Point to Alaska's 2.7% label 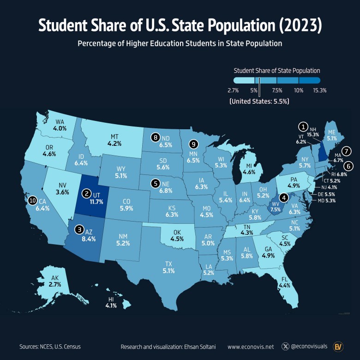pyautogui.click(x=55, y=285)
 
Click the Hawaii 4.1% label pyautogui.click(x=111, y=305)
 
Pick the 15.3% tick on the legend pyautogui.click(x=319, y=90)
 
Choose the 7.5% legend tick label pyautogui.click(x=277, y=90)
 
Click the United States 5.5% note pyautogui.click(x=259, y=101)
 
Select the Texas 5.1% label pyautogui.click(x=168, y=271)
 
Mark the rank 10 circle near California pyautogui.click(x=32, y=200)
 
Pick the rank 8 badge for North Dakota pyautogui.click(x=156, y=137)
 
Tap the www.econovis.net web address pyautogui.click(x=251, y=346)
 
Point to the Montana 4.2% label pyautogui.click(x=115, y=144)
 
